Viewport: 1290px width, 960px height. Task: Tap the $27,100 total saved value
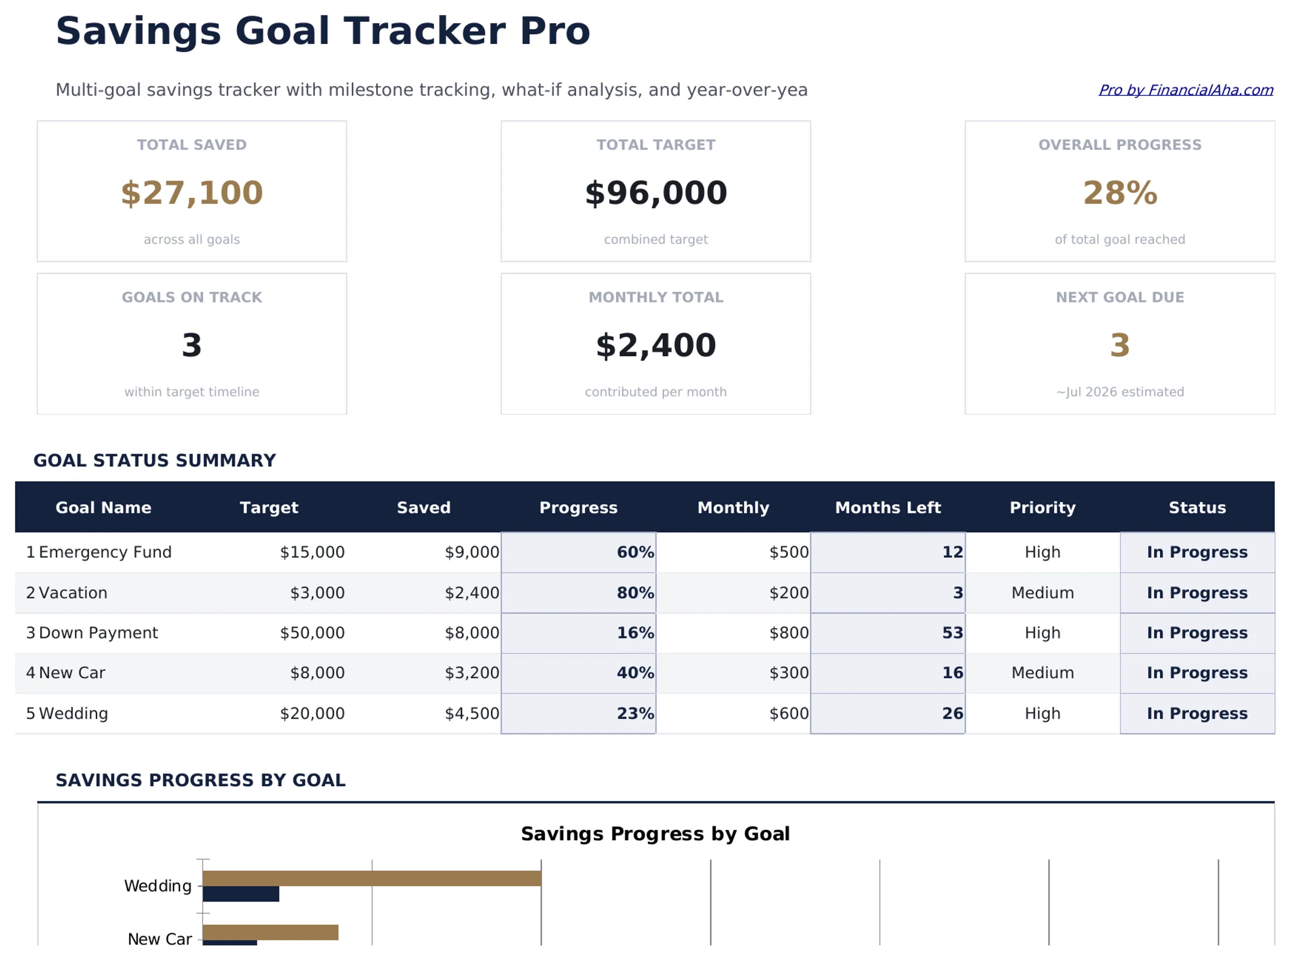pyautogui.click(x=192, y=193)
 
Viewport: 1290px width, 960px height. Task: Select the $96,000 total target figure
pyautogui.click(x=655, y=193)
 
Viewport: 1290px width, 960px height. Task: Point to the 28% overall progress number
pyautogui.click(x=1119, y=193)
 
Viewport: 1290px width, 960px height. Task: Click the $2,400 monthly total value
pyautogui.click(x=655, y=345)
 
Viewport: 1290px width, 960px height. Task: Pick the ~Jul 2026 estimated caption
pyautogui.click(x=1119, y=392)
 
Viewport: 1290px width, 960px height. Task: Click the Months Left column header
pyautogui.click(x=887, y=507)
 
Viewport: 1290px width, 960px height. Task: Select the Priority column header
pyautogui.click(x=1042, y=507)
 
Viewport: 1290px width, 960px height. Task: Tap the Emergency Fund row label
pyautogui.click(x=105, y=551)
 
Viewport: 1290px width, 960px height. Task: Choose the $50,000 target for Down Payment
pyautogui.click(x=312, y=632)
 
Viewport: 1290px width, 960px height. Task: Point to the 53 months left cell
pyautogui.click(x=952, y=632)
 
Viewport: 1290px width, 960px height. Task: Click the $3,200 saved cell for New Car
pyautogui.click(x=471, y=672)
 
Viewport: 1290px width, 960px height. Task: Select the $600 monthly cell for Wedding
pyautogui.click(x=788, y=713)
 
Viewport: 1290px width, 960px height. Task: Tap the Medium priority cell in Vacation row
pyautogui.click(x=1042, y=592)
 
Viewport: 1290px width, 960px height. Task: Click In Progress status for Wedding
pyautogui.click(x=1196, y=713)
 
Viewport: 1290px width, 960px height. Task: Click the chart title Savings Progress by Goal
pyautogui.click(x=655, y=833)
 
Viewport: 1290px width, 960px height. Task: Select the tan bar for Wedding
pyautogui.click(x=372, y=878)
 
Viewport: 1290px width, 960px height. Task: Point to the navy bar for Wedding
pyautogui.click(x=241, y=894)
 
